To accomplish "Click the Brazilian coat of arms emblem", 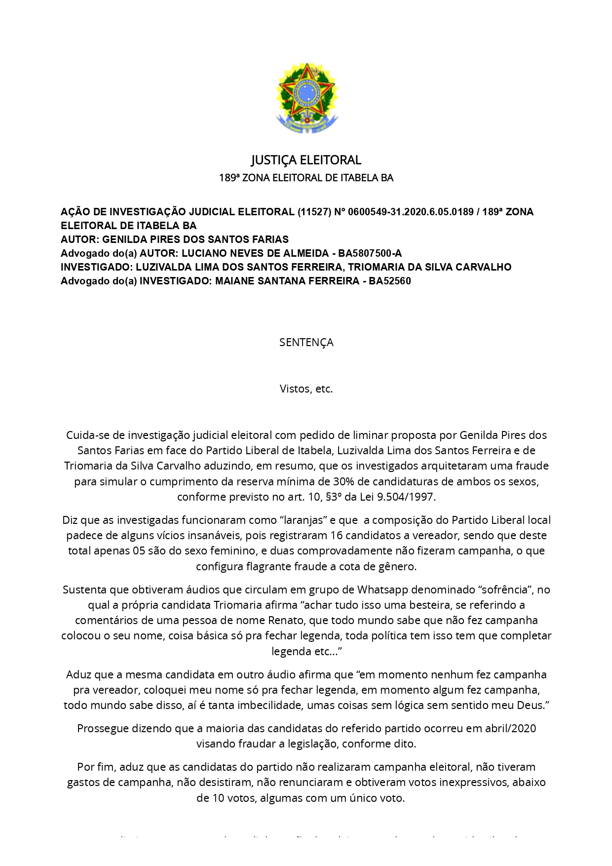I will pos(306,97).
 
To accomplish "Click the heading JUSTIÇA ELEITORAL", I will pos(306,160).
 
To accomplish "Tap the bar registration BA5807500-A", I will pos(370,253).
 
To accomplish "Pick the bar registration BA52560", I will pos(390,281).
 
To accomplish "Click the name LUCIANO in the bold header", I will pos(202,253).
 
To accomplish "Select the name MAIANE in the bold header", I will pos(234,281).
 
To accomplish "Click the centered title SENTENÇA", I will pos(306,342).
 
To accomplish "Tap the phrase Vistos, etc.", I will pos(306,389).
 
